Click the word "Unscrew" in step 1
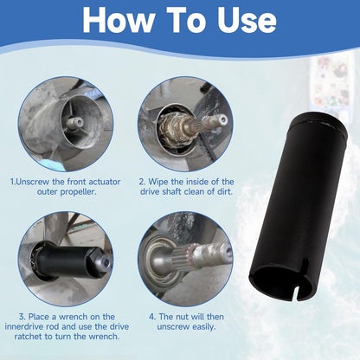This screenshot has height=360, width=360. point(33,182)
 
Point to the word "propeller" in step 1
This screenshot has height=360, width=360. point(79,192)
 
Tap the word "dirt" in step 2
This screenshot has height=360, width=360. point(225,191)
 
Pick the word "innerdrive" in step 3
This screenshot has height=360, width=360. point(25,326)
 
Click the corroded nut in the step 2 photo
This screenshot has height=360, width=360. point(170,128)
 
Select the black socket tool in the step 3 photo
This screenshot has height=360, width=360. point(69,257)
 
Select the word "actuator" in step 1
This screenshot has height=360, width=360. point(105,182)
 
